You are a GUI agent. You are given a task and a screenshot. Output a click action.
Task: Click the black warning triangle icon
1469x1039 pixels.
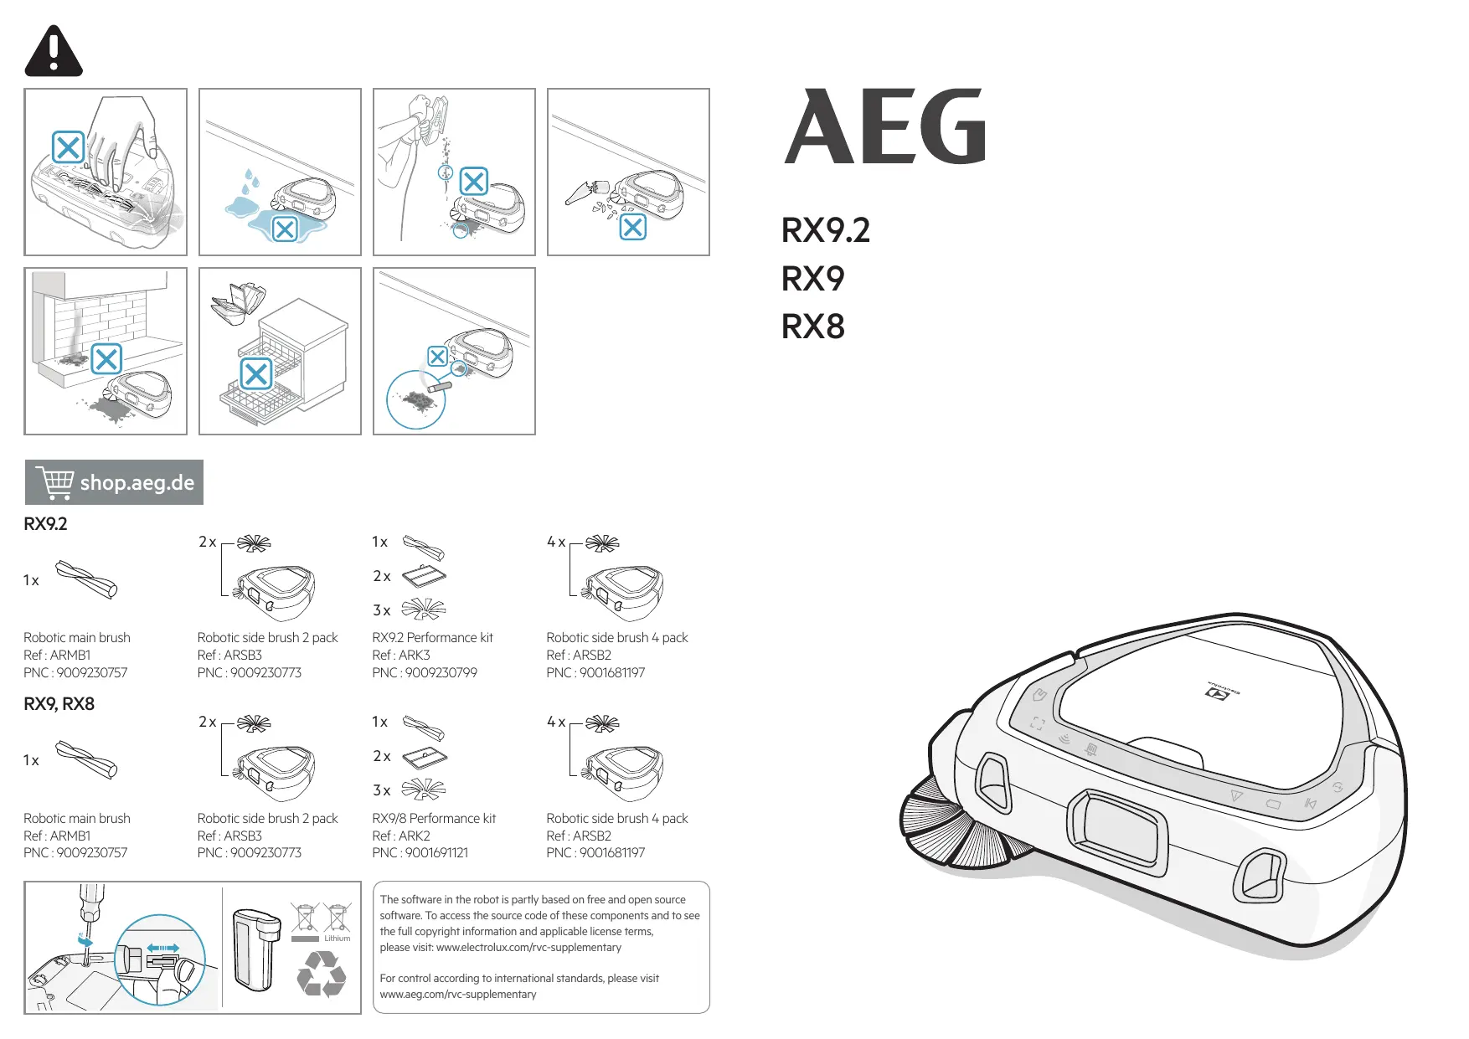[x=54, y=52]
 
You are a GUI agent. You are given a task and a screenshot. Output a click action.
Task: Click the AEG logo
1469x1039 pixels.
[x=885, y=127]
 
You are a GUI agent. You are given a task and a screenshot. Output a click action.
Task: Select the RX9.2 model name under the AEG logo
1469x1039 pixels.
[x=825, y=230]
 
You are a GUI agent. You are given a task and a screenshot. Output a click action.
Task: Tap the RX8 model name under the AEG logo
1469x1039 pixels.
[x=812, y=327]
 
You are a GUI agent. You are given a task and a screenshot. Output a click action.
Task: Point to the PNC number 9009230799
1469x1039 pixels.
[x=441, y=672]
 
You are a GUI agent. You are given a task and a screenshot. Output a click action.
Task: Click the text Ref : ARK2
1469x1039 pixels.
[x=400, y=836]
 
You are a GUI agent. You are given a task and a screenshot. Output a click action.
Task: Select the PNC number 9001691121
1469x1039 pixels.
[x=436, y=852]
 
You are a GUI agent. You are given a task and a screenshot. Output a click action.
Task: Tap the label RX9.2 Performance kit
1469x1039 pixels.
[x=432, y=637]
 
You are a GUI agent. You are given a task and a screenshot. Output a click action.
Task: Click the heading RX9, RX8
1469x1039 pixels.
[x=59, y=704]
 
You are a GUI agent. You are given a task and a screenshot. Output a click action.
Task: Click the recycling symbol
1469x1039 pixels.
[x=321, y=975]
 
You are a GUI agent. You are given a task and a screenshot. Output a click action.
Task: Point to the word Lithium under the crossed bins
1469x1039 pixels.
[x=337, y=939]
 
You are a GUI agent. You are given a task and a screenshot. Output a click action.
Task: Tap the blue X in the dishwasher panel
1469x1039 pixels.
[x=256, y=373]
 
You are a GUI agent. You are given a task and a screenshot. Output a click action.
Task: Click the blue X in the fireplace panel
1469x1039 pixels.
[x=106, y=360]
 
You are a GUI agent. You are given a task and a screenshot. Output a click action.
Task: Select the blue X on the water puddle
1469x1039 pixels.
[x=285, y=229]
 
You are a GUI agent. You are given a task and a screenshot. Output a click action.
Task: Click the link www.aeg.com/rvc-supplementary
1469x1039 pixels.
[x=457, y=994]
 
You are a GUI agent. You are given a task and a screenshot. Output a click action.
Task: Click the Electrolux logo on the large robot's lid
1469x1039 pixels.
[x=1223, y=692]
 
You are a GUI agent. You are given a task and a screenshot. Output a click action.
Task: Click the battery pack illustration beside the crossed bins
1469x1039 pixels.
[x=255, y=949]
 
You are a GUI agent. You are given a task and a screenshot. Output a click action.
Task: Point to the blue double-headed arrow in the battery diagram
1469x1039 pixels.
[x=162, y=948]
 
